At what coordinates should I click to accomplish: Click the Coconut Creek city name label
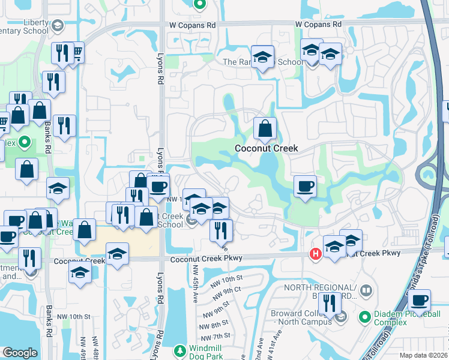[x=266, y=148]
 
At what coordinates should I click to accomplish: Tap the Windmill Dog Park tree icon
[x=179, y=350]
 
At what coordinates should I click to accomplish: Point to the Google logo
[x=20, y=353]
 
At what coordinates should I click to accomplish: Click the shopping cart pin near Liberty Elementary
[x=77, y=54]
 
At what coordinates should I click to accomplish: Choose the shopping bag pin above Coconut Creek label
[x=265, y=128]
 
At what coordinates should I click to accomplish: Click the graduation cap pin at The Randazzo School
[x=262, y=57]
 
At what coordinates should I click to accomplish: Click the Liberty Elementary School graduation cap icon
[x=57, y=26]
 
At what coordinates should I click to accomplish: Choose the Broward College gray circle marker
[x=341, y=317]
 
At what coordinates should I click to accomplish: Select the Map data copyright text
[x=423, y=355]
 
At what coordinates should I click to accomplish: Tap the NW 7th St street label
[x=217, y=336]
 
